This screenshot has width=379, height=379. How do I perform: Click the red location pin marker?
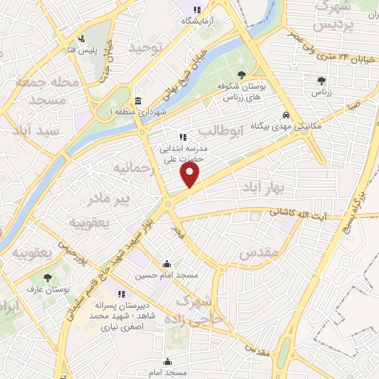coord(190,175)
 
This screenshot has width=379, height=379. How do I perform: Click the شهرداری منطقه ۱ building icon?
coord(138,101)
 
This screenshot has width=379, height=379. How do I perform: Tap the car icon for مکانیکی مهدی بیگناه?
coord(286,115)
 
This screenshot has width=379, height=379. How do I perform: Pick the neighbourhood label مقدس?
coord(259,253)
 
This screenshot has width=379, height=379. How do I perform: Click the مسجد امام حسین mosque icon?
coord(167,264)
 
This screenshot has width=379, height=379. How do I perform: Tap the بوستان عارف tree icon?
coord(47,278)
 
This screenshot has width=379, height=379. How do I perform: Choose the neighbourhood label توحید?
coord(144,47)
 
